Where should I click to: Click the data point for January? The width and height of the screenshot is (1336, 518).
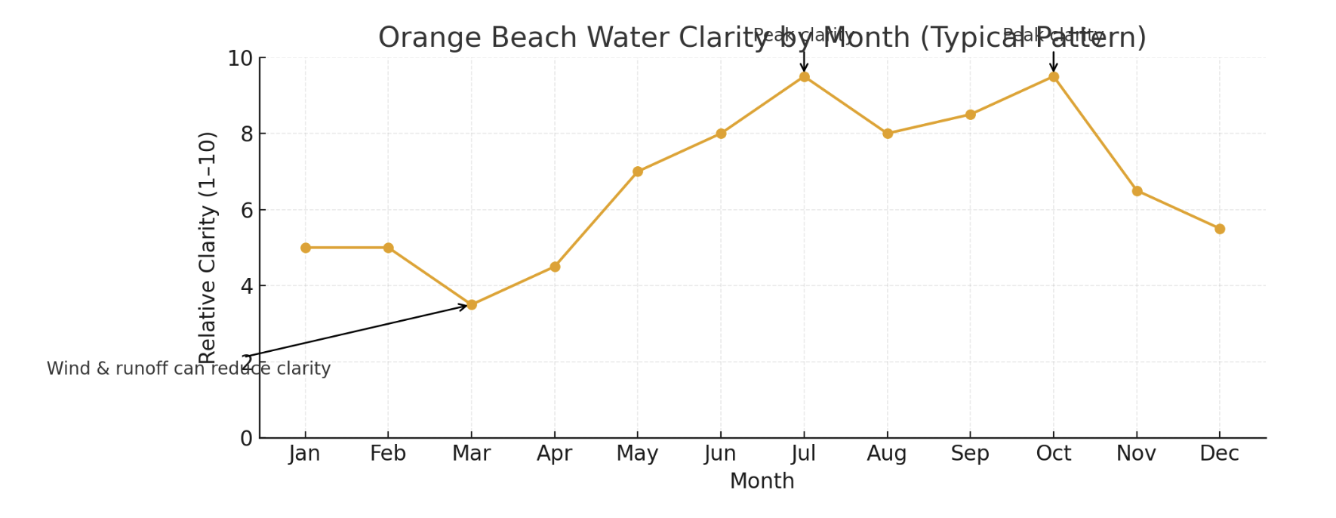tap(305, 248)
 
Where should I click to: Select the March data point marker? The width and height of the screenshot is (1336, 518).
tap(472, 305)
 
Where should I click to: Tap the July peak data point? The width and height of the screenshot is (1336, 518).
tap(804, 77)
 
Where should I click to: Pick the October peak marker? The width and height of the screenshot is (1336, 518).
tap(1054, 77)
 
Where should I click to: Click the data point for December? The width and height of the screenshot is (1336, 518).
tap(1220, 229)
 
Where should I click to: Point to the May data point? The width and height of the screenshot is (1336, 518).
tap(638, 171)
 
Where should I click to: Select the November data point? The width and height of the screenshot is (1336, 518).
tap(1137, 191)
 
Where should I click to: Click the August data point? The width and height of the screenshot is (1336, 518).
tap(888, 134)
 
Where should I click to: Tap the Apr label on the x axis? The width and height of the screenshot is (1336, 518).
tap(555, 454)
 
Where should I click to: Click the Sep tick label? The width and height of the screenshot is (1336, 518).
tap(970, 454)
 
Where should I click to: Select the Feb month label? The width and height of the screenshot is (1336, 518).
tap(388, 454)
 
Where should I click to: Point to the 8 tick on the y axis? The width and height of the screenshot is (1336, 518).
tap(246, 134)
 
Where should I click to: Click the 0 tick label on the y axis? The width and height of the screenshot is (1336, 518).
tap(246, 439)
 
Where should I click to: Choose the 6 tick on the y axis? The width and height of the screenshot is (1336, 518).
tap(246, 211)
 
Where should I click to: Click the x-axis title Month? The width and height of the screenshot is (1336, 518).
tap(762, 481)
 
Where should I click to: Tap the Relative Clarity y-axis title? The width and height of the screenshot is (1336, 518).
tap(208, 248)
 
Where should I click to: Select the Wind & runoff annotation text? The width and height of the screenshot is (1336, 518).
tap(189, 369)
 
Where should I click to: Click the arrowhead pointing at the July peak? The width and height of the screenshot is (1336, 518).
tap(804, 69)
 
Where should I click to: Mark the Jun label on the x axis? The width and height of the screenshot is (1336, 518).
tap(720, 454)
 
